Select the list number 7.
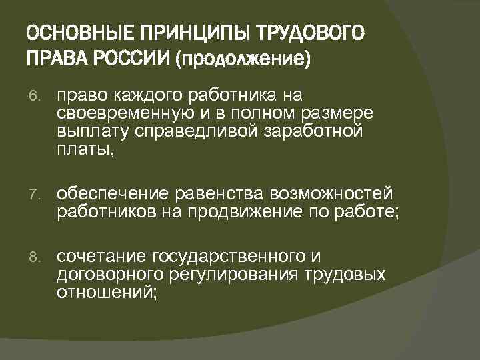click(x=36, y=195)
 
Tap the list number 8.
click(x=36, y=257)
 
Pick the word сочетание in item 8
click(x=102, y=257)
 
